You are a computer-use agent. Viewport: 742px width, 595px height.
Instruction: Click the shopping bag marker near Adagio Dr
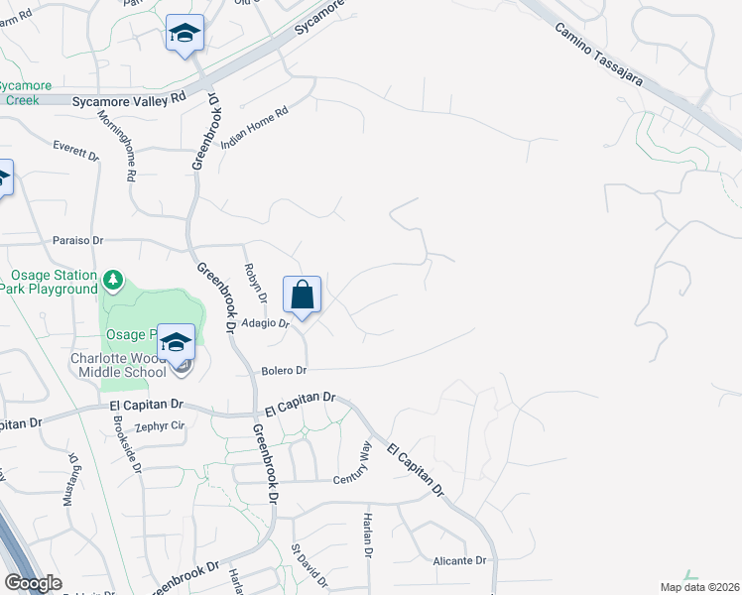303,295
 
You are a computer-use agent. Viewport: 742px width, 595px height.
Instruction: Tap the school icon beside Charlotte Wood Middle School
177,343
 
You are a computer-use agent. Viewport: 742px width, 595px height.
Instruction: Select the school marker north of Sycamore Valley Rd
185,35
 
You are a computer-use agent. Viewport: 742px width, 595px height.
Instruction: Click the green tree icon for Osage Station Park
114,280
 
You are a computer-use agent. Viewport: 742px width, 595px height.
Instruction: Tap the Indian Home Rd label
254,126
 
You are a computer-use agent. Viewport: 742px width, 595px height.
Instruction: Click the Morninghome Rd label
116,146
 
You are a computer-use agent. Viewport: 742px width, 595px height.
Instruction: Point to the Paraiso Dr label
77,240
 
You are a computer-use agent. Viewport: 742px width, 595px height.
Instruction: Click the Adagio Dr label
261,323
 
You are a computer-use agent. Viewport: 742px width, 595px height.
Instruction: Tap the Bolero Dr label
286,370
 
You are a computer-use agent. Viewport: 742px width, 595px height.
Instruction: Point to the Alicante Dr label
459,560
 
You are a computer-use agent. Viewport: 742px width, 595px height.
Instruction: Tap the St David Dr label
309,566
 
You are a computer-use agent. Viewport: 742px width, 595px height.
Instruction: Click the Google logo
33,583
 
